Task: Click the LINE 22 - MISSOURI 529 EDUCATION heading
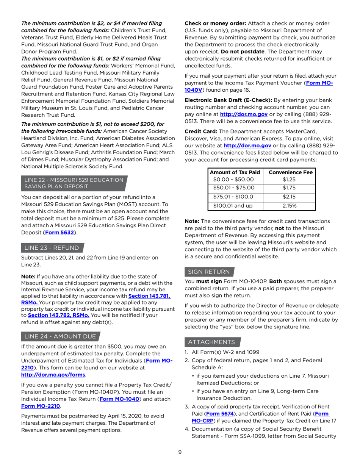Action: pos(74,180)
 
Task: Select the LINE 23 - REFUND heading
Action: pos(52,248)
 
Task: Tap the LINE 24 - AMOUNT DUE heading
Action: pos(60,337)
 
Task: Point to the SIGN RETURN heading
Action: pos(209,272)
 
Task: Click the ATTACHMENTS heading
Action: pos(211,342)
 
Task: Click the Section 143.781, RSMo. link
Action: pos(149,296)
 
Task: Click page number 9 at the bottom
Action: pos(180,452)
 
